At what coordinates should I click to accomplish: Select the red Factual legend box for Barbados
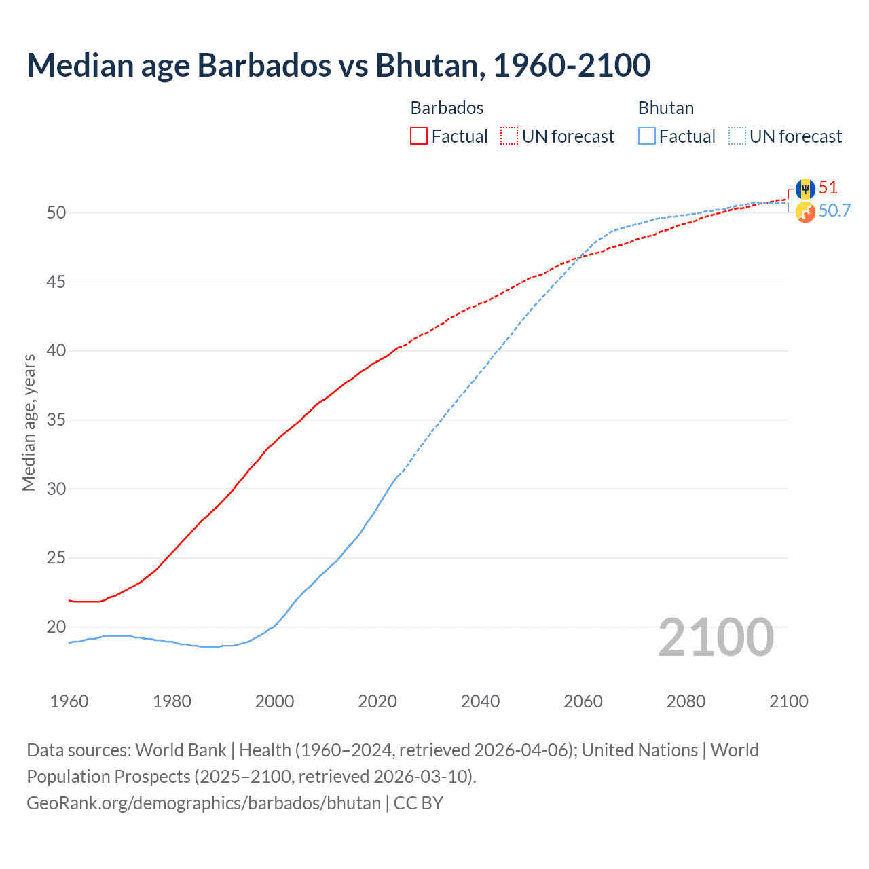pos(419,136)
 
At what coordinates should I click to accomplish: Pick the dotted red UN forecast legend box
pos(509,136)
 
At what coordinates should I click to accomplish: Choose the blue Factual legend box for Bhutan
pos(647,136)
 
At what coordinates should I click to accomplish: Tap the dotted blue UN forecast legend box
pos(737,136)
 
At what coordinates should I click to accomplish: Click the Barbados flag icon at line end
pos(805,189)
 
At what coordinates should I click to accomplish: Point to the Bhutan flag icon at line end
pos(805,212)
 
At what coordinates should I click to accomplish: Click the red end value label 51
pos(828,188)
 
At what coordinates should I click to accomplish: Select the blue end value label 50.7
pos(834,211)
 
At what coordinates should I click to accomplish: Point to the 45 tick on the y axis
pos(56,282)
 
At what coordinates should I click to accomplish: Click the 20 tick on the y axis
pos(56,627)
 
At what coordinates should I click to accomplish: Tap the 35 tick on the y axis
pos(56,420)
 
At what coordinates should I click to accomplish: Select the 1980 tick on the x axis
pos(172,701)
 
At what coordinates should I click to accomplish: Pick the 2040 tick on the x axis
pos(480,701)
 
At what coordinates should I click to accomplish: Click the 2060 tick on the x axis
pos(583,701)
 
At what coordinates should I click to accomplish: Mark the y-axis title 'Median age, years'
pos(29,422)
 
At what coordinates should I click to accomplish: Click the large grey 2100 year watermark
pos(716,637)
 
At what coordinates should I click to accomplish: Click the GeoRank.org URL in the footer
pos(204,803)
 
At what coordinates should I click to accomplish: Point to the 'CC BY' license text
pos(418,803)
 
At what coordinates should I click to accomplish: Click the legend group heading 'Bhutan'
pos(666,108)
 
